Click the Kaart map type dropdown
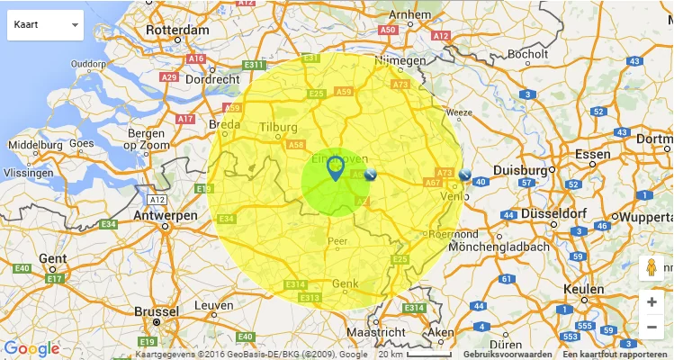(45, 25)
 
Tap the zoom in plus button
(652, 302)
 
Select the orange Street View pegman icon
(652, 268)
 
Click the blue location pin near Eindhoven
(335, 167)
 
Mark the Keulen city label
(584, 289)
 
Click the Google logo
(31, 348)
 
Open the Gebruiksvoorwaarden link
(508, 355)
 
